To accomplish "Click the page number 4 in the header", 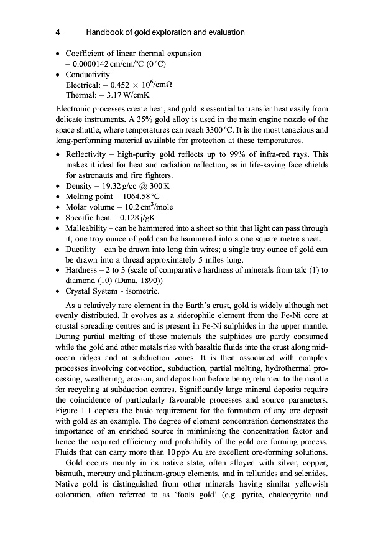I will [57, 32].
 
